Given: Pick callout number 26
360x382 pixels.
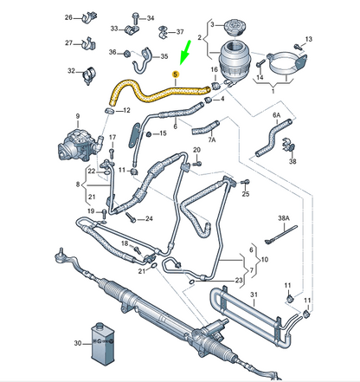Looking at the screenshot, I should (68, 17).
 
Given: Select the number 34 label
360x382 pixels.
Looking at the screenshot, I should (150, 17).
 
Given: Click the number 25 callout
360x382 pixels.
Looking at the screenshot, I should (246, 196).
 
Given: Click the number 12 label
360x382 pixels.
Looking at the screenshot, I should (126, 110).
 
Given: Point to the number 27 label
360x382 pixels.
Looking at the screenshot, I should (68, 43).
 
